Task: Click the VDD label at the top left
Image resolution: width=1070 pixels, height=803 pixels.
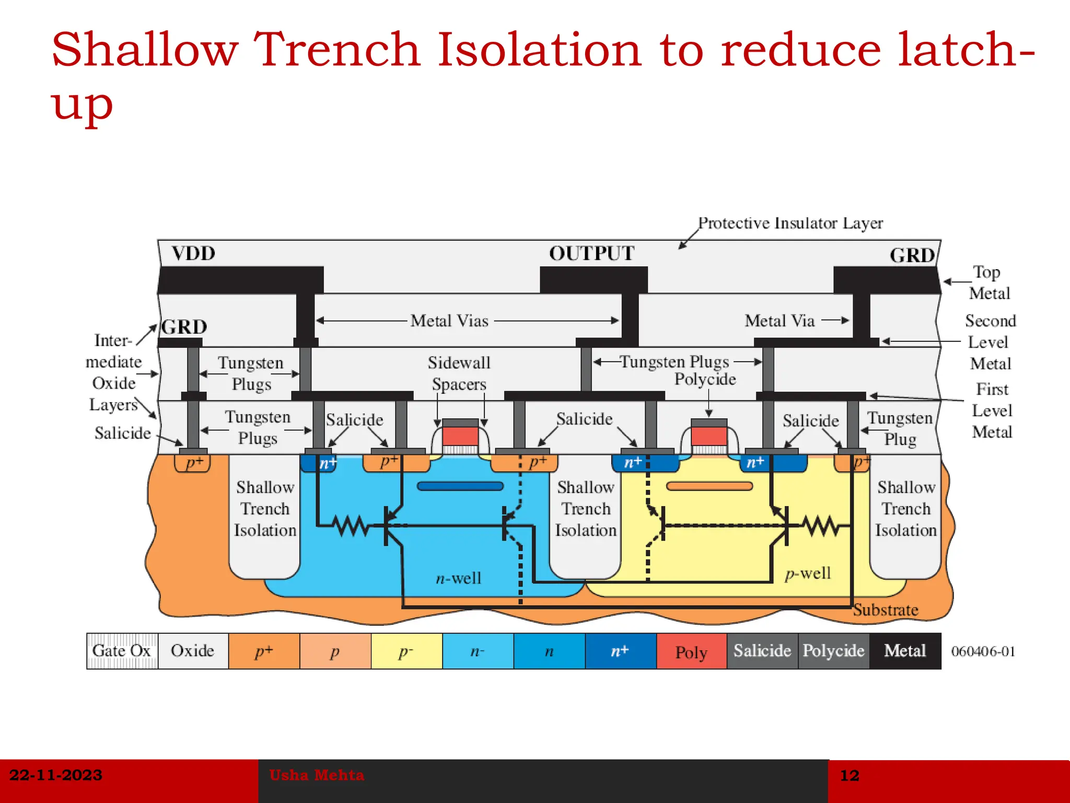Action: coord(193,254)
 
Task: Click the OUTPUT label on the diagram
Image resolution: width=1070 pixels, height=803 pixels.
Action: coord(591,254)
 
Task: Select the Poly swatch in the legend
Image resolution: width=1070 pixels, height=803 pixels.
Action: coord(691,651)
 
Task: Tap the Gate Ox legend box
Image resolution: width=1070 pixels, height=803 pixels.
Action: coord(122,651)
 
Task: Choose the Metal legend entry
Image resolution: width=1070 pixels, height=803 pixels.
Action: coord(905,651)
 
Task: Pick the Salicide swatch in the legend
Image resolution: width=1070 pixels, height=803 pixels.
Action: coord(762,651)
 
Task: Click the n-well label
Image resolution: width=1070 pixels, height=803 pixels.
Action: coord(459,578)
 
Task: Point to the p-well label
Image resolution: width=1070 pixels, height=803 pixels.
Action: coord(808,573)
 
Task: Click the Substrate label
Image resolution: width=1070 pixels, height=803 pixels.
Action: coord(886,610)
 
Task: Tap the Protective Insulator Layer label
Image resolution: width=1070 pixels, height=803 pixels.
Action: coord(790,223)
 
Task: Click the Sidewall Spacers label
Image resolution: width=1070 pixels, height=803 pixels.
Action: coord(459,373)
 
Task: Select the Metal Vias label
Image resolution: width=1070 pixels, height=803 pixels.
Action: coord(449,320)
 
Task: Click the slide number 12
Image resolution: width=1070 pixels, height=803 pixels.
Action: coord(850,775)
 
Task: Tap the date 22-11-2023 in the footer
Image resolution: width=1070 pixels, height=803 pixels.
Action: coord(56,775)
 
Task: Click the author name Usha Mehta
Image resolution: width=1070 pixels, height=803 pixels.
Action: coord(317,775)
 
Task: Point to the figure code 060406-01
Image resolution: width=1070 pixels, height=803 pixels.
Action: coord(983,651)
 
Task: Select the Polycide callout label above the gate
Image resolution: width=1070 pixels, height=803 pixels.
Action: coord(705,379)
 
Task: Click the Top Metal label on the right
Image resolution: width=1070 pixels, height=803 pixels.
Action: coord(988,282)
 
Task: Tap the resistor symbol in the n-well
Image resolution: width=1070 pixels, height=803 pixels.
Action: coord(352,525)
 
